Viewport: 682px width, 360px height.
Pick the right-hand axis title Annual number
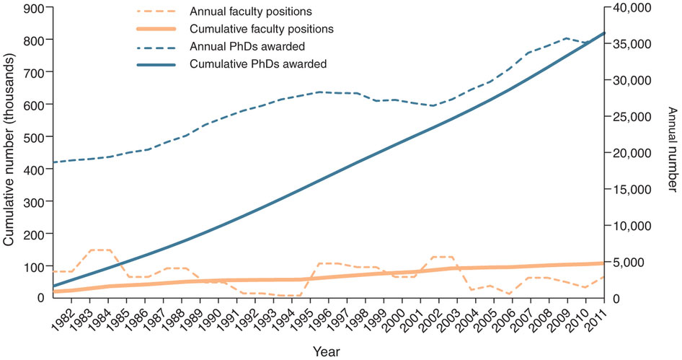[671, 153]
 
